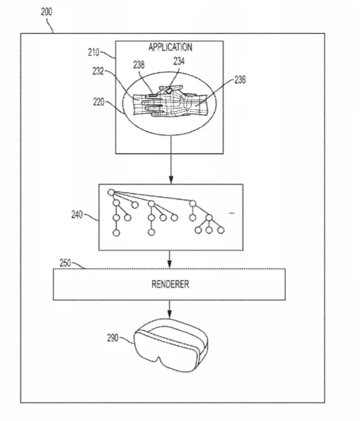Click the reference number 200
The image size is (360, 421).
(x=47, y=12)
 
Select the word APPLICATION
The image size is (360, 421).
(x=171, y=47)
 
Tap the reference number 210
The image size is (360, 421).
(x=94, y=52)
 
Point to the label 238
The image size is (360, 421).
(x=139, y=65)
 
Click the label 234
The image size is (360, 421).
(x=179, y=61)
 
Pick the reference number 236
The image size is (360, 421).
(x=240, y=79)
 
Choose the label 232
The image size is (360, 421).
(x=98, y=71)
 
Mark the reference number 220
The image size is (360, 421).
(x=99, y=102)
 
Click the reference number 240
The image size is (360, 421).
(x=77, y=214)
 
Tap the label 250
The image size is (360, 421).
(x=65, y=263)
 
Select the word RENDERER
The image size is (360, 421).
(x=171, y=284)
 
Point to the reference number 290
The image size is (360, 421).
(x=113, y=338)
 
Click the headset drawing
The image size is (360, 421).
(x=171, y=345)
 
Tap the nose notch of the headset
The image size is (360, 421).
(x=159, y=359)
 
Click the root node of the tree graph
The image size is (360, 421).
(x=111, y=192)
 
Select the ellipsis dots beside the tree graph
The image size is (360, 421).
(x=231, y=213)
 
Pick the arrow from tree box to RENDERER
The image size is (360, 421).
(x=169, y=260)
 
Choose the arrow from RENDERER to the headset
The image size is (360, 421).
(x=169, y=309)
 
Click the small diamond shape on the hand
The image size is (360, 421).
(x=169, y=90)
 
